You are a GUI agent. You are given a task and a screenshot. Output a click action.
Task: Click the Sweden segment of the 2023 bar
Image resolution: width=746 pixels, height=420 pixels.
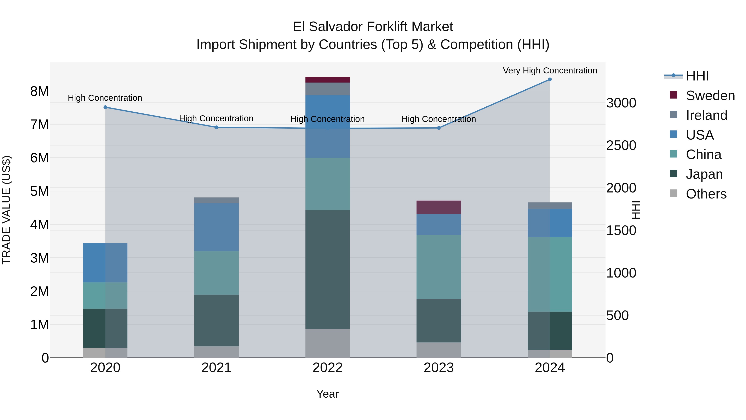click(x=438, y=207)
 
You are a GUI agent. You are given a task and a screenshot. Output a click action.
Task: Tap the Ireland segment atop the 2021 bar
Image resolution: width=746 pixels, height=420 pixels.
click(x=216, y=200)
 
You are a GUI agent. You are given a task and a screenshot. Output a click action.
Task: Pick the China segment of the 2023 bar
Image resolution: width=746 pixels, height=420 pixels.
click(x=438, y=267)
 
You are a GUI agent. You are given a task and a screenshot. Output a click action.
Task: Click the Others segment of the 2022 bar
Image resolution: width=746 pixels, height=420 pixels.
click(x=328, y=343)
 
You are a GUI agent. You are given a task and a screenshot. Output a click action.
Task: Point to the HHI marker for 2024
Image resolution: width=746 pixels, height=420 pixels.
click(x=550, y=79)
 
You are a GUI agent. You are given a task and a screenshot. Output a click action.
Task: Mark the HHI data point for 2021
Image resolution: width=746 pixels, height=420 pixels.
click(x=216, y=127)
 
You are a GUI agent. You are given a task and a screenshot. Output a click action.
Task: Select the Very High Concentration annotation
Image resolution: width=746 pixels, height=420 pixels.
click(x=550, y=71)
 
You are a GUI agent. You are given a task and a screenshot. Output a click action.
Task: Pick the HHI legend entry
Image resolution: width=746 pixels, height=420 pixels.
click(x=697, y=76)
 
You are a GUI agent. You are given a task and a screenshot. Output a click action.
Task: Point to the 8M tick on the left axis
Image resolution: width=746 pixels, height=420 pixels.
click(x=39, y=91)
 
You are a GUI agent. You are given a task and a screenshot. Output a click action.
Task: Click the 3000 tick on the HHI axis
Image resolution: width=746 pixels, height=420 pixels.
click(x=621, y=103)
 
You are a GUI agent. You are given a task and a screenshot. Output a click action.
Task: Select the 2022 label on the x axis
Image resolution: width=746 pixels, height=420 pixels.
click(x=328, y=368)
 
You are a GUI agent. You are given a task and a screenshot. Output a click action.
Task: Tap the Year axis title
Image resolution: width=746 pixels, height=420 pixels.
click(x=328, y=394)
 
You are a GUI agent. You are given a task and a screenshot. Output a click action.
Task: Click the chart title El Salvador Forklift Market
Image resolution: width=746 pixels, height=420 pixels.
click(x=373, y=27)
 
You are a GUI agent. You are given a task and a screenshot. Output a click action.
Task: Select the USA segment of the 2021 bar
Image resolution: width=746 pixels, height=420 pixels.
click(x=216, y=227)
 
